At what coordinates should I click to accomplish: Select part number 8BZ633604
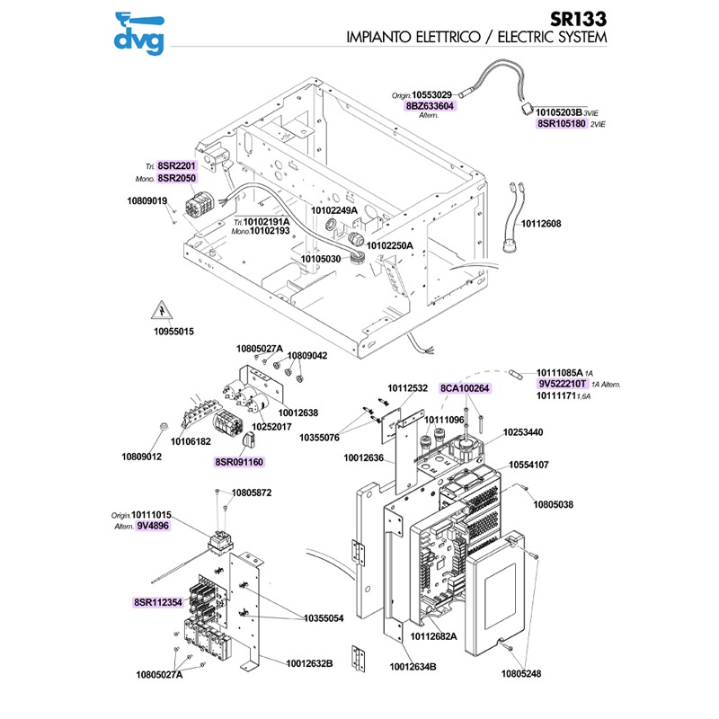click(431, 106)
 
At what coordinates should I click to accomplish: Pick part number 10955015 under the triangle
click(173, 332)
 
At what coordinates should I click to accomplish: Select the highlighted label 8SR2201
click(176, 167)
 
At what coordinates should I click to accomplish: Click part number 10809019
click(147, 200)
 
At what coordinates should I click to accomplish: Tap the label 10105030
click(320, 259)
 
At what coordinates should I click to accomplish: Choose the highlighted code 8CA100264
click(465, 388)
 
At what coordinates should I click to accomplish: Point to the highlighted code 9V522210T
click(563, 384)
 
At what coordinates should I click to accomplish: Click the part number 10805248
click(524, 672)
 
